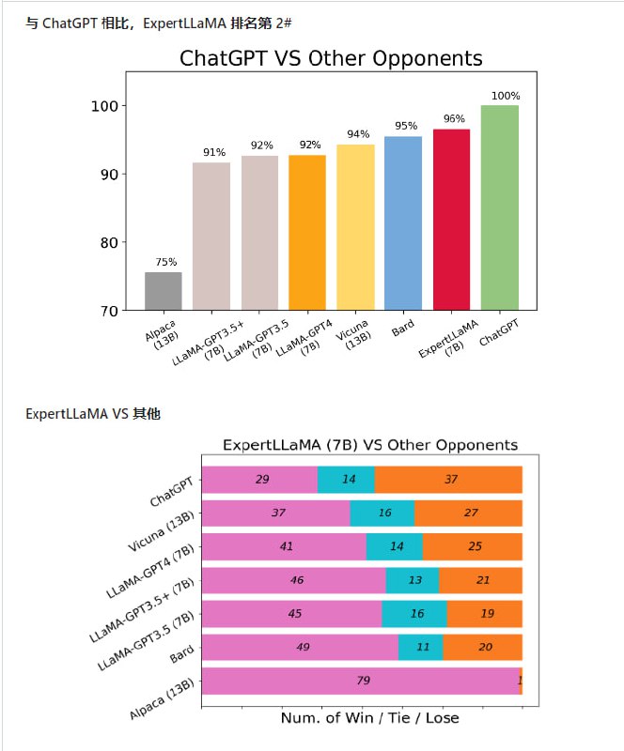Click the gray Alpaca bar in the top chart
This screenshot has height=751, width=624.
pos(164,291)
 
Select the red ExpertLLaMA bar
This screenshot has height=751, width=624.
pos(451,220)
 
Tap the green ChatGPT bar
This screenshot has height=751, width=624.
pos(499,207)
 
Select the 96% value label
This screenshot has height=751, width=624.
pos(454,119)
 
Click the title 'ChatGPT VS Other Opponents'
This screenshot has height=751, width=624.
pos(331,59)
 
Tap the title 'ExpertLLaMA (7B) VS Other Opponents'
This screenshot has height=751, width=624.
pos(369,444)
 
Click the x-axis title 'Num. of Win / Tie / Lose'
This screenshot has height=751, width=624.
pos(369,717)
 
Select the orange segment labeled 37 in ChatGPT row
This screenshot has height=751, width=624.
pos(448,480)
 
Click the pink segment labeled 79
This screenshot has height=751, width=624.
pos(360,682)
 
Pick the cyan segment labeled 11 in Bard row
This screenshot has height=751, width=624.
pos(421,648)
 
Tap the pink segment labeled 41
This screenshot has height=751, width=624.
pos(284,546)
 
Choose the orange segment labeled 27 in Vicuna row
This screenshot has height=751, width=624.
pos(468,513)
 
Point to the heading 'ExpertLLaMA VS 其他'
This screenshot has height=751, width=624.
pos(92,413)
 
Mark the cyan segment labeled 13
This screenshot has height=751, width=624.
pos(413,580)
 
